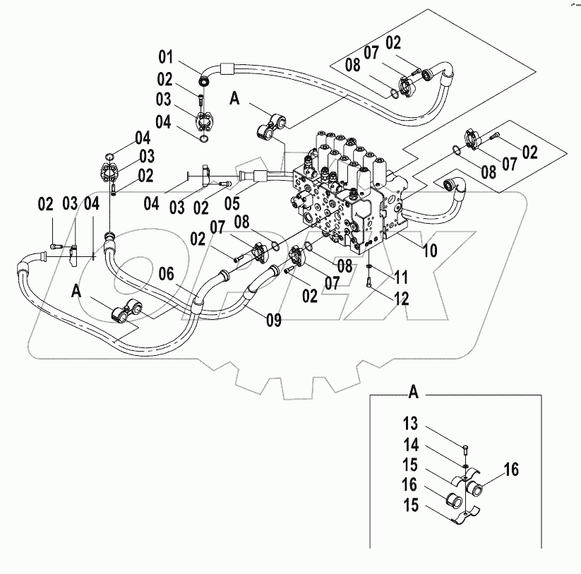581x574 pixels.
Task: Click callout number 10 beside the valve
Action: point(430,250)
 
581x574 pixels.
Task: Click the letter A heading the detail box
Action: point(414,390)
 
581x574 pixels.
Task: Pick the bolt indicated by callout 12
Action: point(369,283)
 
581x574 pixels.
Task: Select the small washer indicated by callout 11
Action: point(369,265)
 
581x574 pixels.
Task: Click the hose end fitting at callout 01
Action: point(204,68)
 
